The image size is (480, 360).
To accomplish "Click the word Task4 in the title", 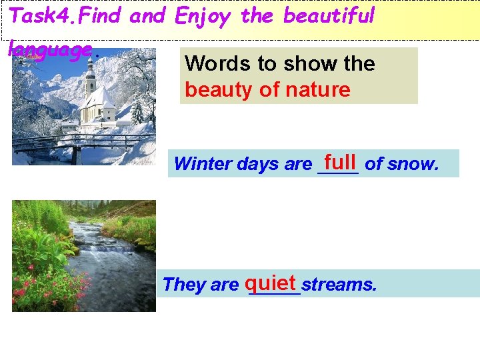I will point(41,15).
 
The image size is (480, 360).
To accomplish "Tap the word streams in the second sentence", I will point(339,285).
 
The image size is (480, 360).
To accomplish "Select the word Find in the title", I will point(103,15).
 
